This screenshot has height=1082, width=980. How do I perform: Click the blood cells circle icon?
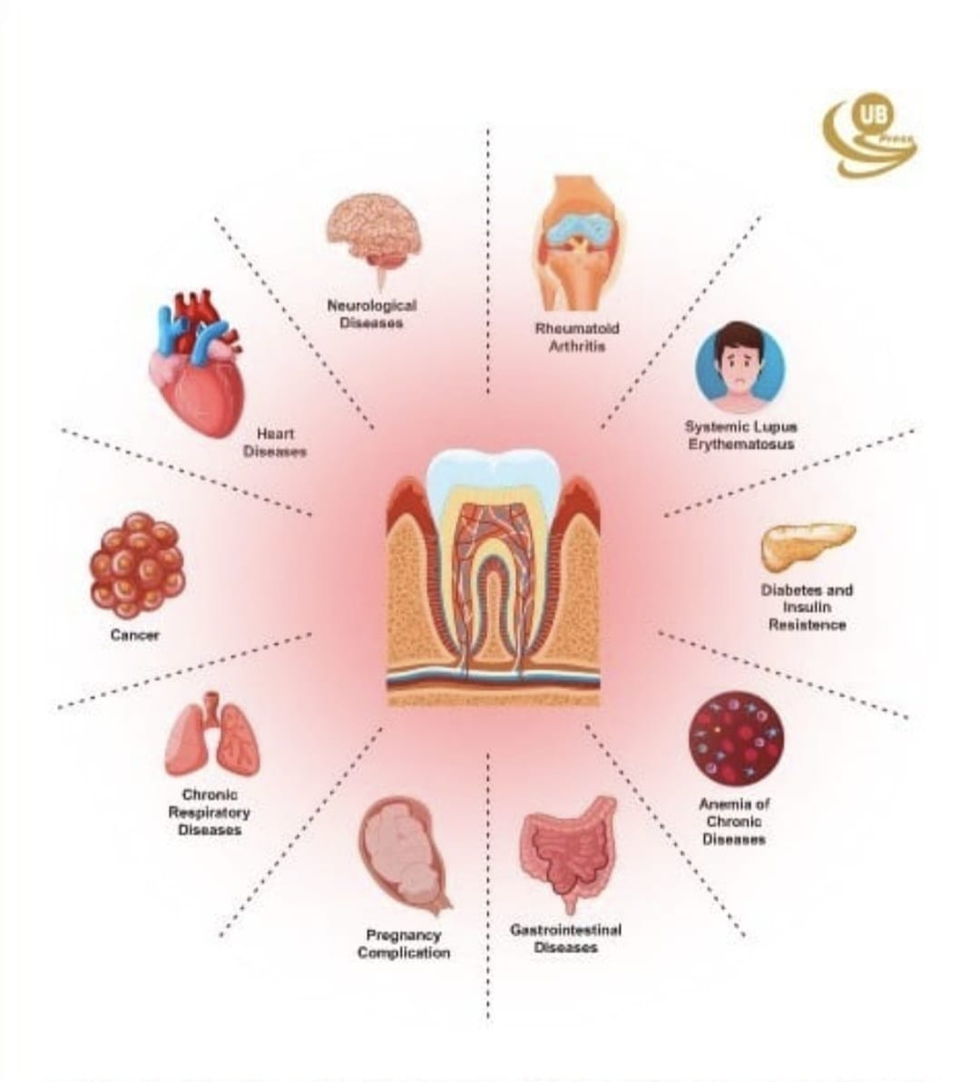coord(736,738)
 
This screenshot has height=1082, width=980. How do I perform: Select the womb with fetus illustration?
coord(404,855)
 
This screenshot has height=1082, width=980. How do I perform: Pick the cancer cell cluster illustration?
coord(137,565)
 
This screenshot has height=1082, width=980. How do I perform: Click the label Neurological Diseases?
coord(371,314)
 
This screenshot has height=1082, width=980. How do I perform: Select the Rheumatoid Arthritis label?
coord(577,336)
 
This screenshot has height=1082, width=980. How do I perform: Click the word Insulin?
coord(807,608)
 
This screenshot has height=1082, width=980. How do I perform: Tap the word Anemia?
coord(725,804)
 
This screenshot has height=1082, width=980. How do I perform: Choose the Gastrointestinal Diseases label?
coord(565,939)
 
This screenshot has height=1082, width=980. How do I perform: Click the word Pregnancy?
coord(403,936)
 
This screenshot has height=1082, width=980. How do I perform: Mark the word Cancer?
coord(134,635)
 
